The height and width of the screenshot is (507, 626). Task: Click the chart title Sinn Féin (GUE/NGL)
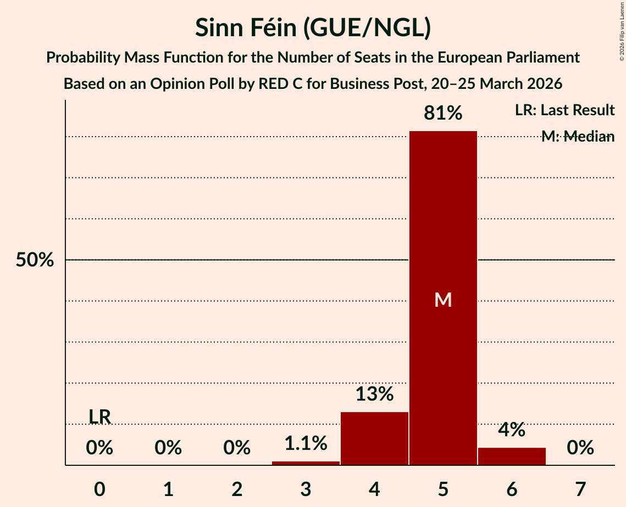click(x=313, y=29)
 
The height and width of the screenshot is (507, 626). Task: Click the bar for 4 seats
click(x=374, y=438)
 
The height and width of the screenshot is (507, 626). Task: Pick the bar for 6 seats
click(x=512, y=457)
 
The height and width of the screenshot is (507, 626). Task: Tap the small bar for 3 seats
click(x=306, y=463)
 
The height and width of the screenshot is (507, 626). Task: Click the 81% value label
click(x=443, y=114)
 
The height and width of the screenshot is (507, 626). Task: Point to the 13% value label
click(x=374, y=394)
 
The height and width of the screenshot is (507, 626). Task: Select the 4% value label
click(x=512, y=430)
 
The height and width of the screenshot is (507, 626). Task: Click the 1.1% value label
click(x=306, y=443)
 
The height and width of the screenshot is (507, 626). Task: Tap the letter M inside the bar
click(x=443, y=300)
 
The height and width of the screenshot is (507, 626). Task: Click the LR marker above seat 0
click(x=99, y=417)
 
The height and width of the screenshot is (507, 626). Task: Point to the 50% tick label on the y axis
click(x=35, y=260)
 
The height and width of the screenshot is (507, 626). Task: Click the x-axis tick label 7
click(x=580, y=489)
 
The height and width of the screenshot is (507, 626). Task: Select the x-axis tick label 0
click(x=99, y=489)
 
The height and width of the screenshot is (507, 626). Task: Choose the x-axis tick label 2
click(x=237, y=489)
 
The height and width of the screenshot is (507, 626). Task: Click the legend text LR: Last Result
click(x=564, y=110)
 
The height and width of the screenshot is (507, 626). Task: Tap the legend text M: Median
click(x=578, y=137)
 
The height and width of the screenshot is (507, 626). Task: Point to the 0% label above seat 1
click(x=168, y=448)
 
